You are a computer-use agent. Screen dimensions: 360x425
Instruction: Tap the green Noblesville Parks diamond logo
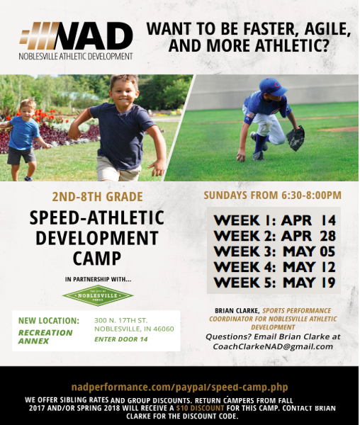(x=98, y=295)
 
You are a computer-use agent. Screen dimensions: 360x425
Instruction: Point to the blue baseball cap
(x=272, y=86)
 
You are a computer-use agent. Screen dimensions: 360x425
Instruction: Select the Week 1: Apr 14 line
(x=275, y=220)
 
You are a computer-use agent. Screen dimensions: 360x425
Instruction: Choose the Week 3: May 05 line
(x=275, y=251)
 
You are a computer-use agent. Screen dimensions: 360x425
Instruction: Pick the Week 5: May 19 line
(x=275, y=283)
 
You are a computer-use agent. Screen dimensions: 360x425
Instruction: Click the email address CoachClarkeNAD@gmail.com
(x=273, y=346)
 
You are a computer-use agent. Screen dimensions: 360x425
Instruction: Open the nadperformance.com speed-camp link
(x=179, y=387)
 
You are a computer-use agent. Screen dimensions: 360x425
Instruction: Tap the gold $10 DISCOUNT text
(x=200, y=408)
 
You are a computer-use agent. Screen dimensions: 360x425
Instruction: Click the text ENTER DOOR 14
(x=121, y=339)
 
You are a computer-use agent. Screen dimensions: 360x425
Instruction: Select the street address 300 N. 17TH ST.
(x=121, y=320)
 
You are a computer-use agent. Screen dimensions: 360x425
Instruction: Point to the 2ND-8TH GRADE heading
(x=97, y=197)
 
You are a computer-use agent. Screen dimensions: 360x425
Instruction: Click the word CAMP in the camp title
(x=97, y=259)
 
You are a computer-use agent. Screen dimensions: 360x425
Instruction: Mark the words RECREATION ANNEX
(x=45, y=336)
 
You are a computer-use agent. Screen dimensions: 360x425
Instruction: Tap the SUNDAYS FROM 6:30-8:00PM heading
(x=272, y=195)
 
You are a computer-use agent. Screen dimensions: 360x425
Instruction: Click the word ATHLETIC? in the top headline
(x=292, y=45)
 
